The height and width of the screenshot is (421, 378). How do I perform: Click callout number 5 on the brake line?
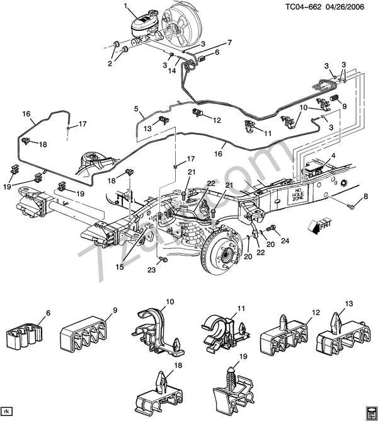[x=135, y=108]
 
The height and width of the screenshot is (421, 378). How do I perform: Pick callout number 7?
[x=229, y=42]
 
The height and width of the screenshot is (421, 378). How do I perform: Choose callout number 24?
[x=285, y=239]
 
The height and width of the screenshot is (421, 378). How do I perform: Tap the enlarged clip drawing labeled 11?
[x=220, y=331]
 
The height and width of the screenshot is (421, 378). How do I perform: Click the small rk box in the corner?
[x=8, y=413]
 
